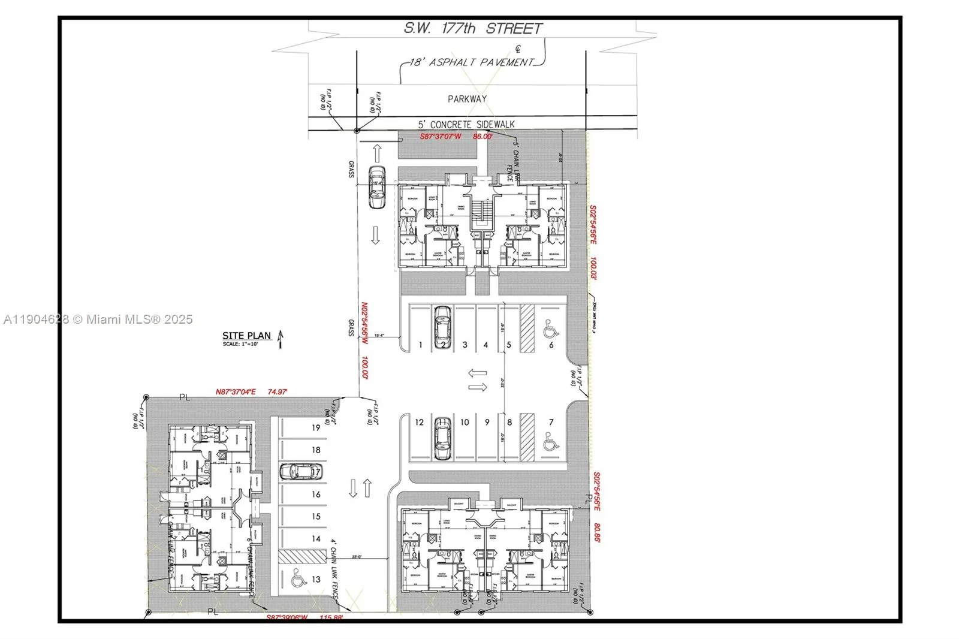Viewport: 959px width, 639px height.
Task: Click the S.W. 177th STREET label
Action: coord(472,28)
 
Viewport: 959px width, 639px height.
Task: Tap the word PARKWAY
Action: coord(467,99)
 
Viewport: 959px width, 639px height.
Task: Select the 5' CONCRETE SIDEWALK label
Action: coord(466,124)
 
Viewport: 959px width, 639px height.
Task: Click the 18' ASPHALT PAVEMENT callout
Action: coord(471,62)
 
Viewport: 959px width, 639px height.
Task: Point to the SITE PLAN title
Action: coord(246,336)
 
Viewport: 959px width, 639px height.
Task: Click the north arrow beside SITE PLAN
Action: coord(280,340)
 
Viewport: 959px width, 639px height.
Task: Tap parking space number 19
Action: coord(316,427)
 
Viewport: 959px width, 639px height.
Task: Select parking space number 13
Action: coord(316,579)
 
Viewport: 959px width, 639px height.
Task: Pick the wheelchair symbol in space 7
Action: coord(550,442)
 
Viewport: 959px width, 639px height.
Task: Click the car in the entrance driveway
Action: coord(377,187)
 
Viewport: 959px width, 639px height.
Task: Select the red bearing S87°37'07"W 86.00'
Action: coord(456,137)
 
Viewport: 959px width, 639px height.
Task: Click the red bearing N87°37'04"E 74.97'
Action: coord(251,391)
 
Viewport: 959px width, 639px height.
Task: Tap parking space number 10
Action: coord(465,422)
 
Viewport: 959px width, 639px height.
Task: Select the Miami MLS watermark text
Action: coord(98,319)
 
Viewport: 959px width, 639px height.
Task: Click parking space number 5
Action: coord(509,345)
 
